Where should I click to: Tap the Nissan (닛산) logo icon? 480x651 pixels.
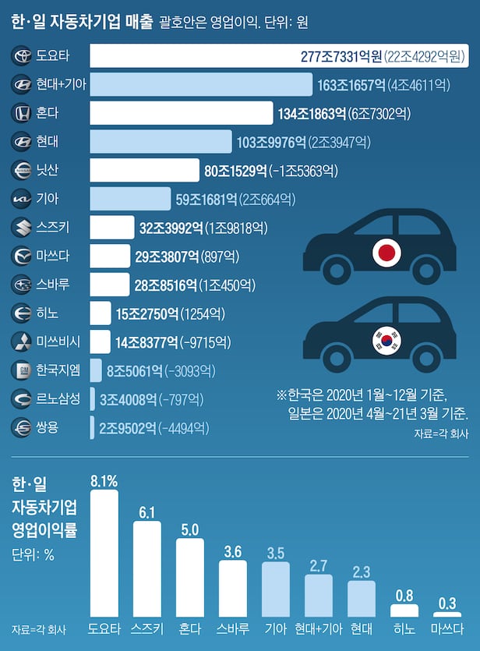22,170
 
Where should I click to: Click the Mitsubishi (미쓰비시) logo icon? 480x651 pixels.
22,341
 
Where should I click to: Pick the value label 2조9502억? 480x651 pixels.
127,427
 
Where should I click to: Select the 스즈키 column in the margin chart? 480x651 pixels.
147,569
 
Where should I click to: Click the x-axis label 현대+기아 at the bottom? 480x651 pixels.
318,628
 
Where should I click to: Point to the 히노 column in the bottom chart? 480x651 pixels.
404,610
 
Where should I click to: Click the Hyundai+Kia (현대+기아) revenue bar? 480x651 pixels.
201,85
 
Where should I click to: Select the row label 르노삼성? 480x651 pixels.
58,398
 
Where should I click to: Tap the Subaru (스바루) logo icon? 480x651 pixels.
22,284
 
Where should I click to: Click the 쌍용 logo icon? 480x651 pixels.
22,427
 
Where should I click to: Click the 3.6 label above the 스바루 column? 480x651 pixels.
232,551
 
